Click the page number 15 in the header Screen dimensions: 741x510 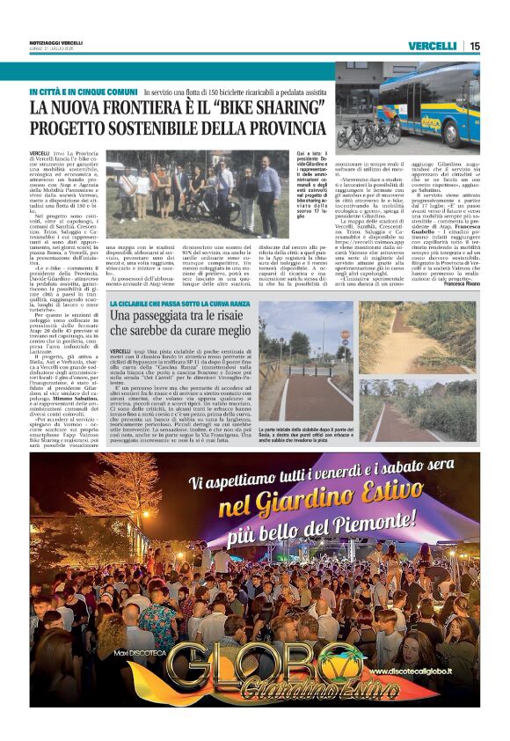tap(475, 46)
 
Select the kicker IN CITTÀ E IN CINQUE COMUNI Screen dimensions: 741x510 tap(82, 92)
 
